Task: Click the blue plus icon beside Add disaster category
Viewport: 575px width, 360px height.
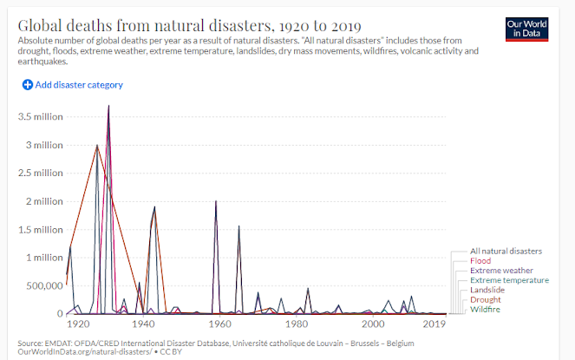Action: [x=27, y=85]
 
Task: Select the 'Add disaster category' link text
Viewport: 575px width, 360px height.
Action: [x=79, y=85]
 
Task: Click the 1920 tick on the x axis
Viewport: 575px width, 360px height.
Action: [x=78, y=324]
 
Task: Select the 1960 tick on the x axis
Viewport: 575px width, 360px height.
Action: [x=220, y=324]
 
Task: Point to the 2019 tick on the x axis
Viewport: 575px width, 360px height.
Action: [x=434, y=324]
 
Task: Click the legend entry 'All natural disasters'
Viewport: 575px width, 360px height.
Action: [x=506, y=251]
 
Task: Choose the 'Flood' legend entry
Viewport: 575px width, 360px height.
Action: [x=480, y=260]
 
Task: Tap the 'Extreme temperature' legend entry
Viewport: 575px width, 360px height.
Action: [x=508, y=280]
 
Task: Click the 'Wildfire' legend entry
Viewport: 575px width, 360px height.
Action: [x=485, y=310]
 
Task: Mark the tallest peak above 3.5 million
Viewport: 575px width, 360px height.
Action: [x=108, y=106]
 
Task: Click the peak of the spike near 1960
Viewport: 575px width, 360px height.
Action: [x=216, y=200]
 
